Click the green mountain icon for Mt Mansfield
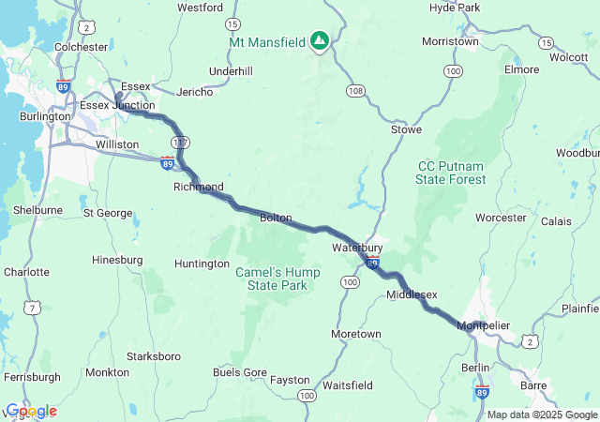click(320, 41)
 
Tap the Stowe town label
click(406, 129)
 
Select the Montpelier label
click(484, 325)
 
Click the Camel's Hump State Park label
click(277, 278)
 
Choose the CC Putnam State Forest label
click(451, 173)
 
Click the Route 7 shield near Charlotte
click(35, 308)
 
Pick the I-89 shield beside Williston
click(166, 163)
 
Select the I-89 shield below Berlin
click(482, 389)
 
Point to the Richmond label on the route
click(198, 187)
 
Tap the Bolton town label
click(276, 218)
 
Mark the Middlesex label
click(412, 294)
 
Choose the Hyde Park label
click(454, 8)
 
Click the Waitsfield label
click(347, 385)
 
